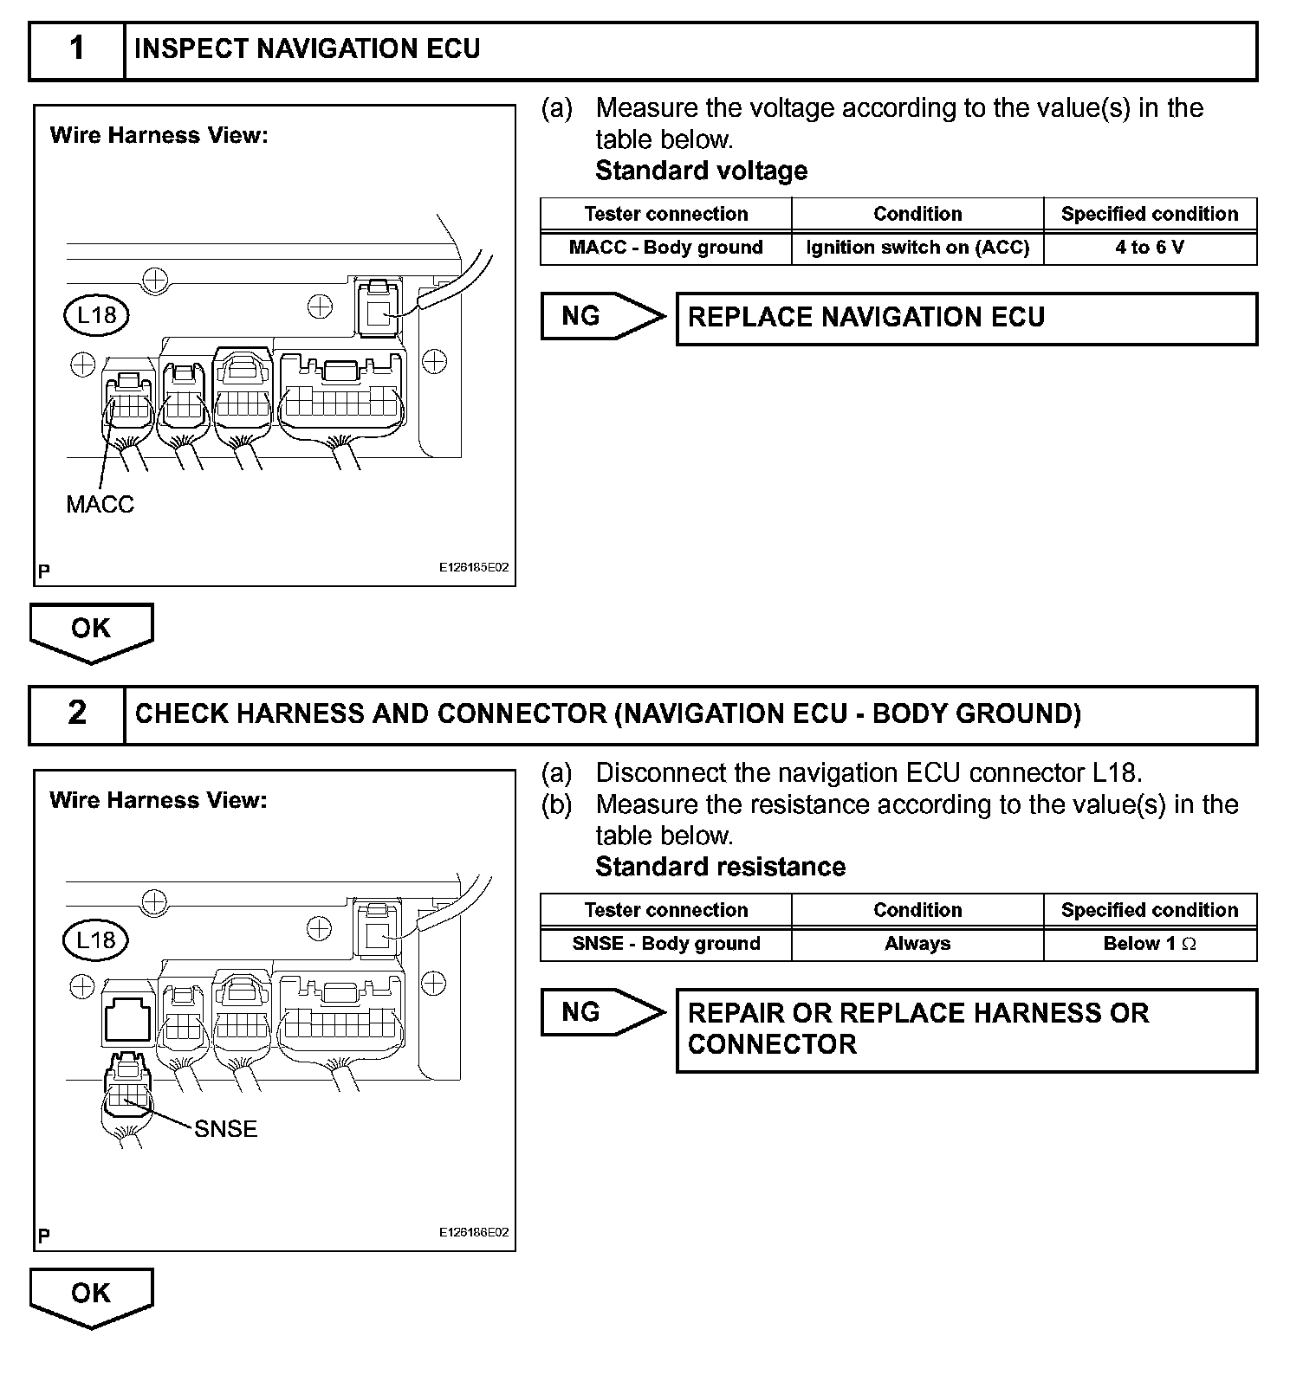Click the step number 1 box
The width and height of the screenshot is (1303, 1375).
tap(77, 50)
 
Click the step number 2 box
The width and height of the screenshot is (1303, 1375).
tap(77, 714)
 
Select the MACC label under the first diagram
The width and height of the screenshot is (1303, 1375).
tap(100, 504)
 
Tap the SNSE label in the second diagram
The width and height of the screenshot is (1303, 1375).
tap(225, 1129)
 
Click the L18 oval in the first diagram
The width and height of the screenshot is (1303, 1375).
tap(96, 314)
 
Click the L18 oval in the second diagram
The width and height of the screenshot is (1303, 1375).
tap(95, 940)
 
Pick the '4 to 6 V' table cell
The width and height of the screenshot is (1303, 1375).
tap(1149, 248)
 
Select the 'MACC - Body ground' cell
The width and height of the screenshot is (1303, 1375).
tap(665, 248)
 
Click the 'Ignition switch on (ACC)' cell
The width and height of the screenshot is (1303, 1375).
tap(917, 248)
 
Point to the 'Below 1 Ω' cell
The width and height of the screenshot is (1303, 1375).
tap(1149, 944)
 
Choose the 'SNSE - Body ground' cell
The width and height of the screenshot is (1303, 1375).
tap(665, 944)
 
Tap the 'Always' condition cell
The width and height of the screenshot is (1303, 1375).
tap(917, 944)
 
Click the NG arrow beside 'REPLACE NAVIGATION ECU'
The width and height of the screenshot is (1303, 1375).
tap(598, 317)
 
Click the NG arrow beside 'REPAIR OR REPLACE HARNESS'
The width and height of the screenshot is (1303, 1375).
tap(598, 1012)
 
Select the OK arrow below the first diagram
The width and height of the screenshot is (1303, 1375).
tap(91, 630)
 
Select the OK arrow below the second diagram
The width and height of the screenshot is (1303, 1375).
tap(91, 1295)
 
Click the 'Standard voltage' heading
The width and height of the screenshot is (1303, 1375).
tap(701, 171)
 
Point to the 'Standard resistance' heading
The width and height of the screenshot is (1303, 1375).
tap(720, 868)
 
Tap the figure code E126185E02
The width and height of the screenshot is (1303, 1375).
tap(473, 568)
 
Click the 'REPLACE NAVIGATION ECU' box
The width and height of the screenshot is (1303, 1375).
tap(965, 319)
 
